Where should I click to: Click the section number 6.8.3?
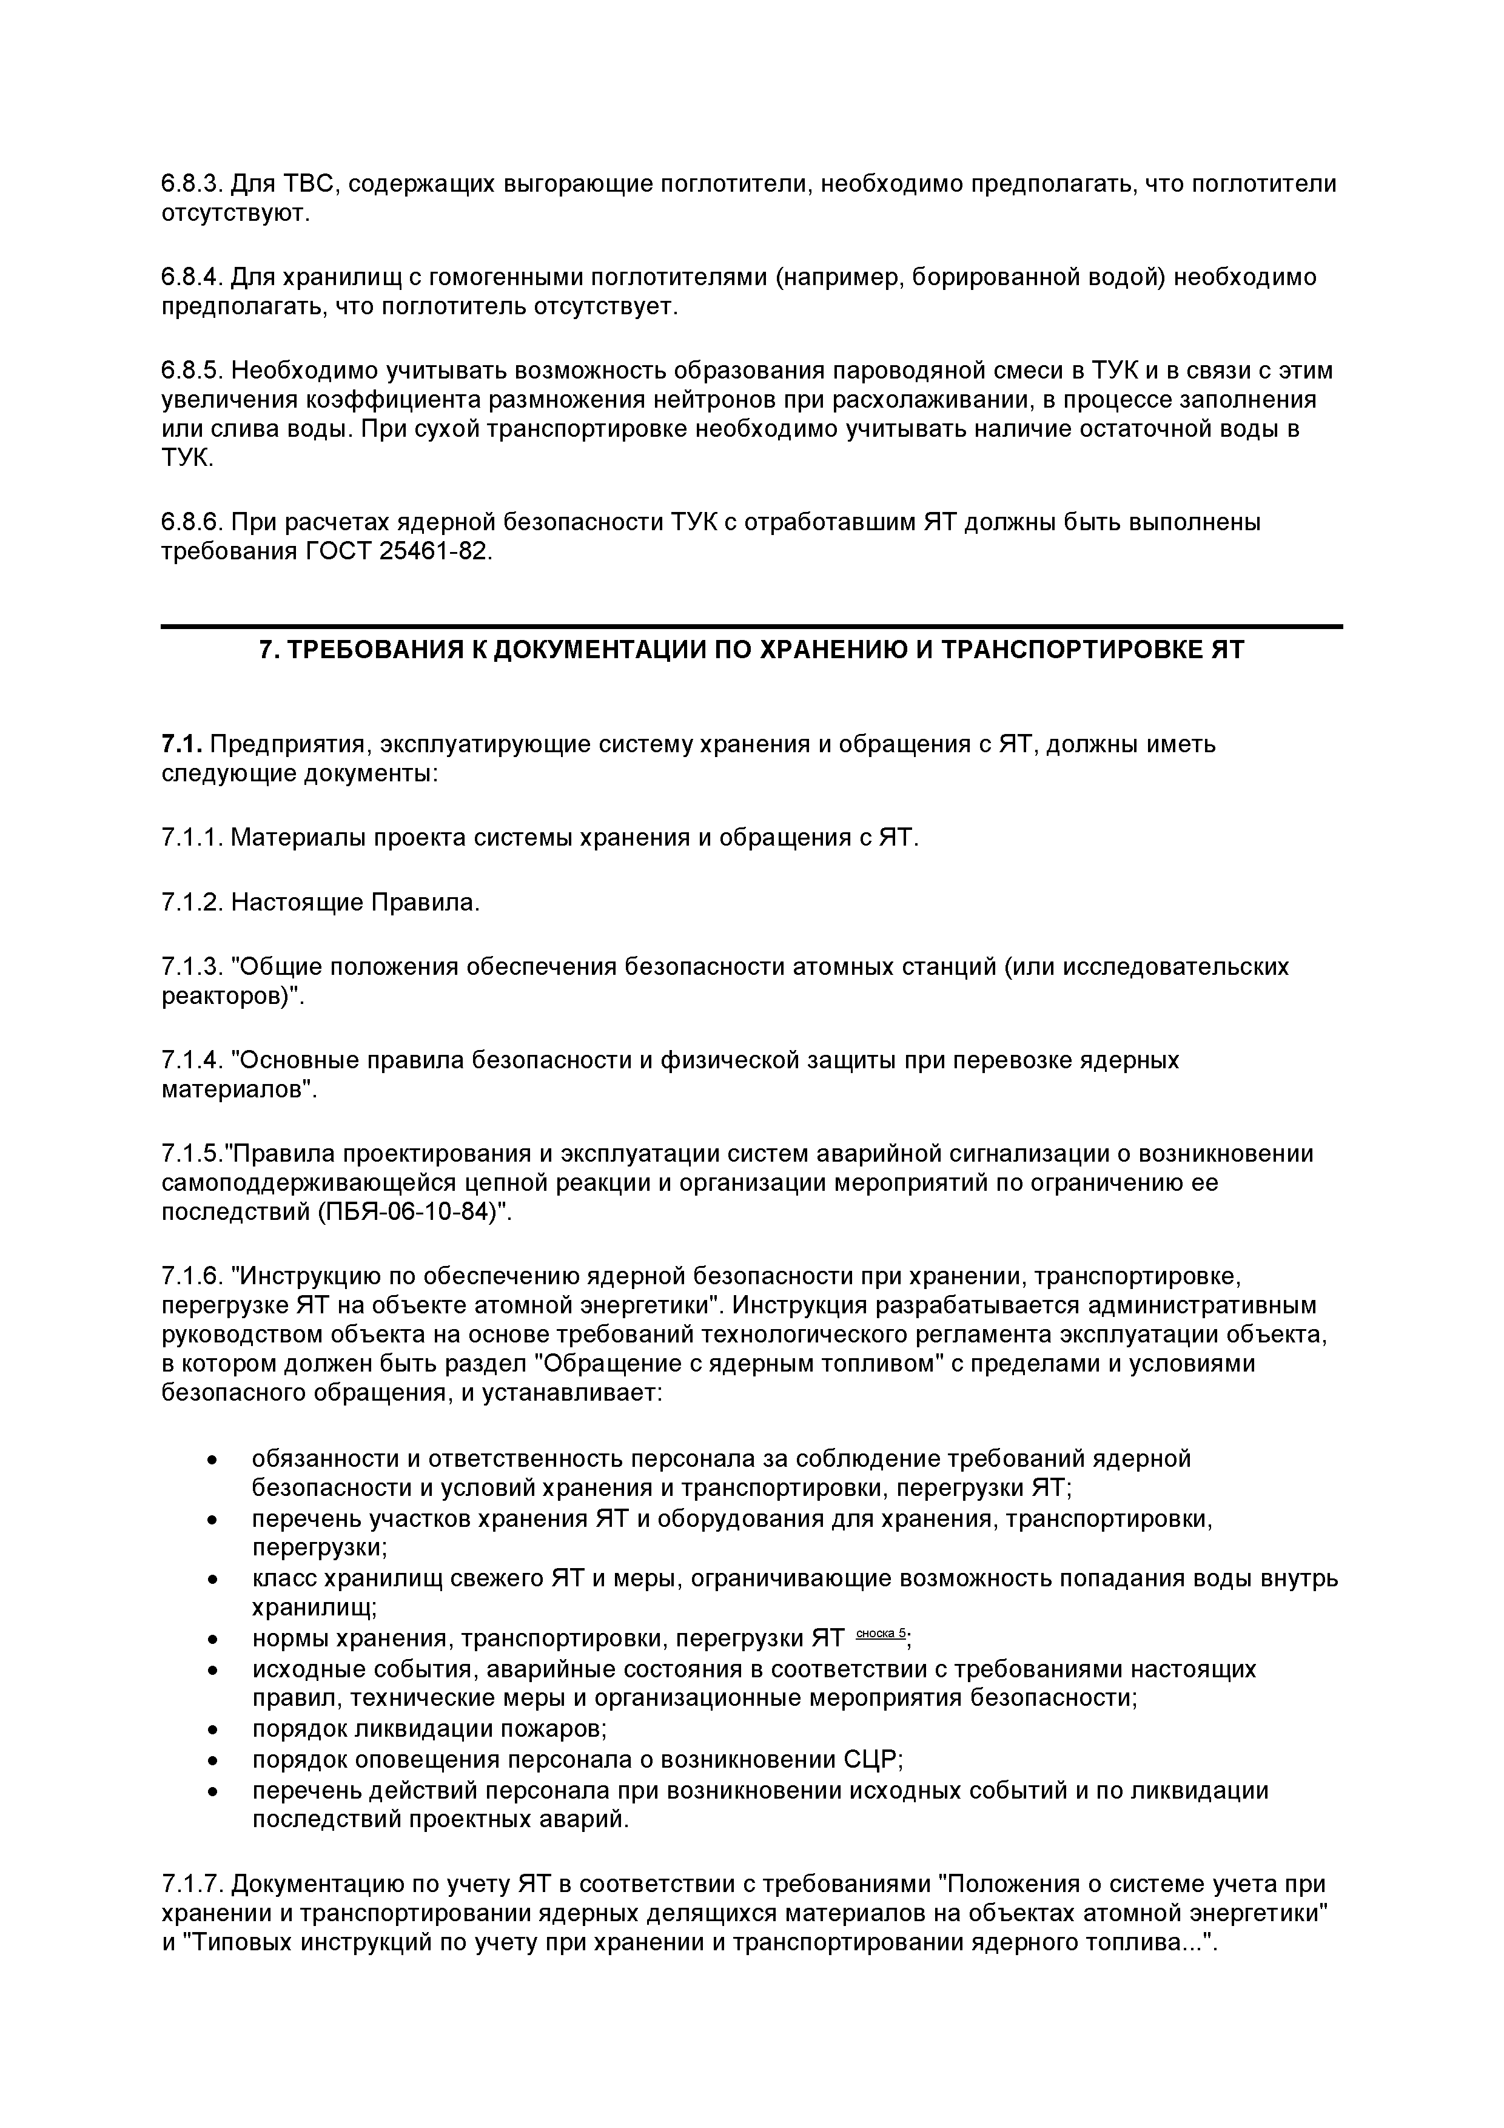point(193,184)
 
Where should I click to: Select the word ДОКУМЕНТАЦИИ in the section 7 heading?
point(600,650)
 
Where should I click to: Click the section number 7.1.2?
point(193,902)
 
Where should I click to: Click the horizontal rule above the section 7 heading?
point(751,627)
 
